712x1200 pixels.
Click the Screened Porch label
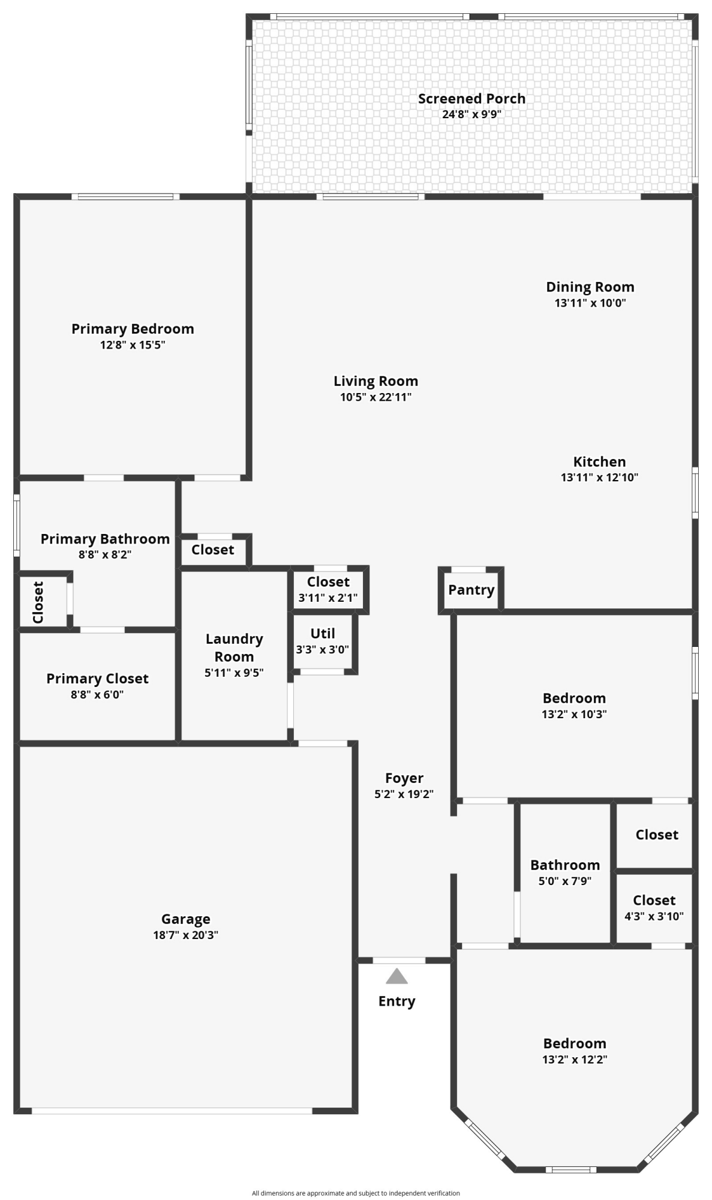(471, 99)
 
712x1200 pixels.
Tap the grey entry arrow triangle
(396, 977)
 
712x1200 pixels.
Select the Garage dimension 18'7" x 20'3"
(185, 935)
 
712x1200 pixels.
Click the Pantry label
(471, 590)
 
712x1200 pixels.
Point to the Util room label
(323, 634)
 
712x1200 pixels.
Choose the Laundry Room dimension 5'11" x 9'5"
(234, 673)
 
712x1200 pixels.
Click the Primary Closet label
(97, 679)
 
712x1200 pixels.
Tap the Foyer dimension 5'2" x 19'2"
(404, 794)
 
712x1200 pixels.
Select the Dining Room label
(590, 287)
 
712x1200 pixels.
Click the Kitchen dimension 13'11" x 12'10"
(599, 478)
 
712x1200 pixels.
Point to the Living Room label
(375, 381)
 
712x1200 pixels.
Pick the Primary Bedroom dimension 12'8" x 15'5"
(133, 345)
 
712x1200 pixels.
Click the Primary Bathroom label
(105, 539)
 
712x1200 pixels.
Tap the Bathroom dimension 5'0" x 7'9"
(565, 881)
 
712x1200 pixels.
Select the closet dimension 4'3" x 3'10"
(654, 916)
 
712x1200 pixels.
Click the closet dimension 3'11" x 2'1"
(328, 598)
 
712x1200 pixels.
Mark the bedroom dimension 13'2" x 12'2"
(575, 1059)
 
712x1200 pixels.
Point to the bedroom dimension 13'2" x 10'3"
(574, 714)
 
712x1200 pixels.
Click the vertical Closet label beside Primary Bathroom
(38, 602)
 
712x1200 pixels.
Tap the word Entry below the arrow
(396, 1001)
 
